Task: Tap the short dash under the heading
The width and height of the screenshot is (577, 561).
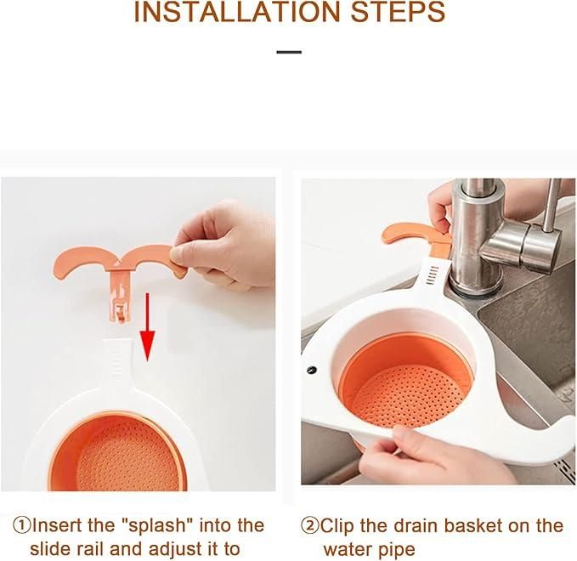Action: click(x=289, y=52)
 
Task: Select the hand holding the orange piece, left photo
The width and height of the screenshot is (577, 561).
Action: click(x=225, y=242)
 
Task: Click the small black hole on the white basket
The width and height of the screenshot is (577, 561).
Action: click(x=312, y=371)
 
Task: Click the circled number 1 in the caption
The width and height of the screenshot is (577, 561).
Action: click(x=22, y=525)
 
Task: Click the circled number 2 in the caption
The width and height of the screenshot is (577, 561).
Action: click(x=310, y=525)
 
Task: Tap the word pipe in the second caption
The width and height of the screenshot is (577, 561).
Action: click(x=396, y=549)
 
